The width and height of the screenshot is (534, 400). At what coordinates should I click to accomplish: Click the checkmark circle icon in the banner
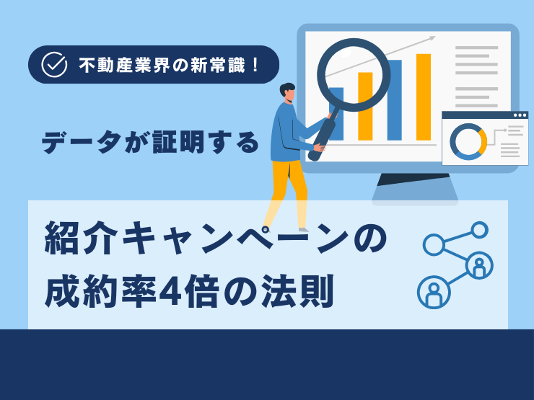pos(54,65)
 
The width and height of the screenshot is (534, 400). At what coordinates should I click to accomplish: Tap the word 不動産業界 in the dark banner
pos(124,65)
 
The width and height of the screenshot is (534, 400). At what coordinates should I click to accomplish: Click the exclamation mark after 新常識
pos(255,65)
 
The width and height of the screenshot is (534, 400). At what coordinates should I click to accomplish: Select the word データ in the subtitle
pos(82,142)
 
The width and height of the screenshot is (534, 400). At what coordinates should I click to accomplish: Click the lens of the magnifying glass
pos(354,75)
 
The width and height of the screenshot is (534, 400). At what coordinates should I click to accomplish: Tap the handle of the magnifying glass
pos(322,136)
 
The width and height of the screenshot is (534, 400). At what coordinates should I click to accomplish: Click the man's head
pos(287,92)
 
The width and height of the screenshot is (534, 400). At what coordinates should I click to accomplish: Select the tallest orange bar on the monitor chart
pos(424,97)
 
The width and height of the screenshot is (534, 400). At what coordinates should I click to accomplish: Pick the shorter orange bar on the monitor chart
pos(365,106)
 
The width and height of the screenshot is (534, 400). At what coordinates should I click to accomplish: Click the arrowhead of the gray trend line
pos(432,38)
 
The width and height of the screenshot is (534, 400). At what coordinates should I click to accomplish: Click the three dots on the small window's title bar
pos(520,115)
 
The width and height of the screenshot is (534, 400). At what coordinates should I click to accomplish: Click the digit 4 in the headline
pos(170,291)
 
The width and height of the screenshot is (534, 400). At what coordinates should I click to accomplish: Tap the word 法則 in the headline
pos(297,291)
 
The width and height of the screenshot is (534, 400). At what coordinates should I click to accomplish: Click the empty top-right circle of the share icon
pos(479,231)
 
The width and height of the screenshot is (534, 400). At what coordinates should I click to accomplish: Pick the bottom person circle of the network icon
pos(434,292)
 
